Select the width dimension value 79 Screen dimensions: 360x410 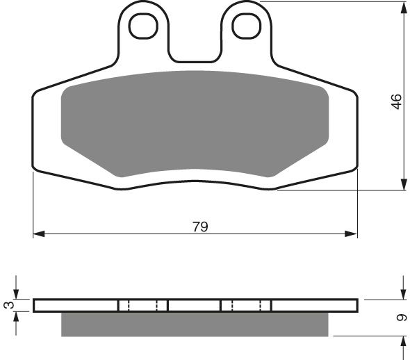(x=200, y=227)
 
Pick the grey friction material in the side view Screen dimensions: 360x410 (x=195, y=324)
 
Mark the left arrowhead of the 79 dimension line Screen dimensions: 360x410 (x=39, y=234)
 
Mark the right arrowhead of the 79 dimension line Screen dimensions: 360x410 (x=353, y=234)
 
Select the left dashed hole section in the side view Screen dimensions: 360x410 (x=143, y=305)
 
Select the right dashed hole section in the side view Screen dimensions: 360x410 (x=245, y=305)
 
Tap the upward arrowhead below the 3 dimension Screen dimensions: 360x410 (x=17, y=316)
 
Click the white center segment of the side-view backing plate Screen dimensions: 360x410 (x=195, y=305)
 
